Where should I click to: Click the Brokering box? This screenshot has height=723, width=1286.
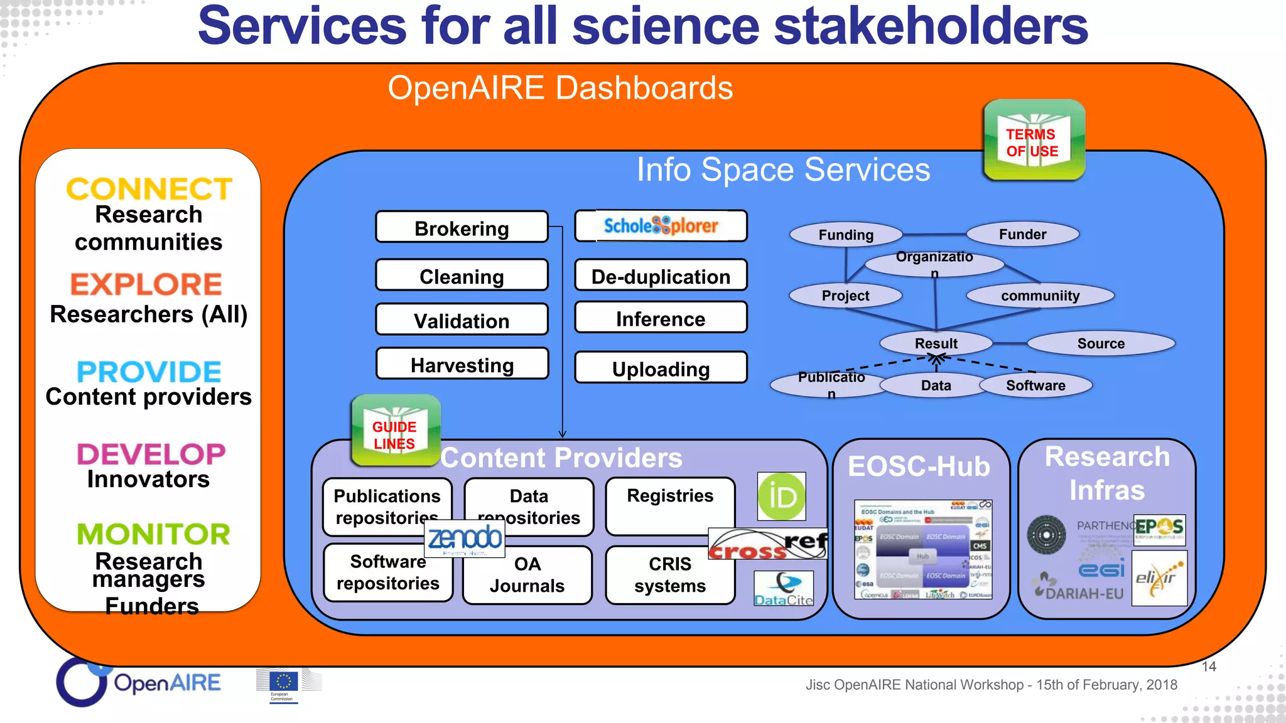click(462, 227)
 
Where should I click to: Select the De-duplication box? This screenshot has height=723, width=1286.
click(661, 276)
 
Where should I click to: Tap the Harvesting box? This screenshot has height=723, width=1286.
click(462, 364)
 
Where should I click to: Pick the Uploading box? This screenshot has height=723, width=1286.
click(661, 368)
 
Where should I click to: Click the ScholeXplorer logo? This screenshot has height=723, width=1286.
click(661, 225)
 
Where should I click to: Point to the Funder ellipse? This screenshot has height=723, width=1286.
click(1022, 234)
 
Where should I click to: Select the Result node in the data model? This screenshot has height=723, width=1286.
click(936, 343)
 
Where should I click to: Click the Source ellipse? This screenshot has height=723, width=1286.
click(1100, 343)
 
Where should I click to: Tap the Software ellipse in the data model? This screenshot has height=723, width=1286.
click(1035, 385)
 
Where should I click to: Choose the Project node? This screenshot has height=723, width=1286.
click(845, 296)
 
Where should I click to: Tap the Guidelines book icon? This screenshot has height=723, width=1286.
click(395, 431)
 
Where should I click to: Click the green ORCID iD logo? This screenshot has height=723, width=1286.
click(781, 496)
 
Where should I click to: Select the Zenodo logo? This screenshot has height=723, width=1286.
click(465, 538)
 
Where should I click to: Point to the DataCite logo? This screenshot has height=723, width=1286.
click(784, 589)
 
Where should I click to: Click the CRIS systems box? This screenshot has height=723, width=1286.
click(670, 575)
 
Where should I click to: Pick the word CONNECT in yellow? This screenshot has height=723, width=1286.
click(149, 188)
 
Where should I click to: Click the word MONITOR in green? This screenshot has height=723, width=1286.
click(153, 534)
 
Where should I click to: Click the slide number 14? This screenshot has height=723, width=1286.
click(1209, 667)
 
